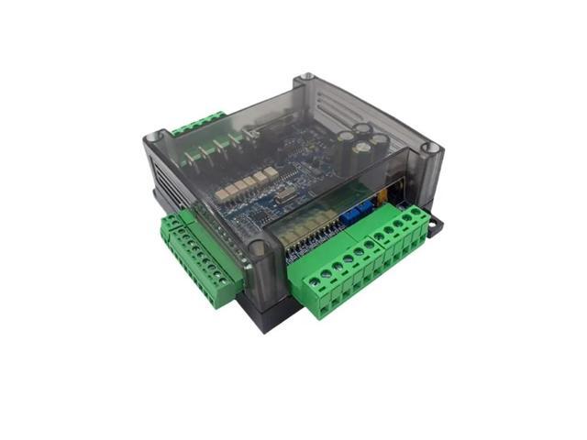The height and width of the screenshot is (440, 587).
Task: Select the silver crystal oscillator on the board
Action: [x=275, y=203]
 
